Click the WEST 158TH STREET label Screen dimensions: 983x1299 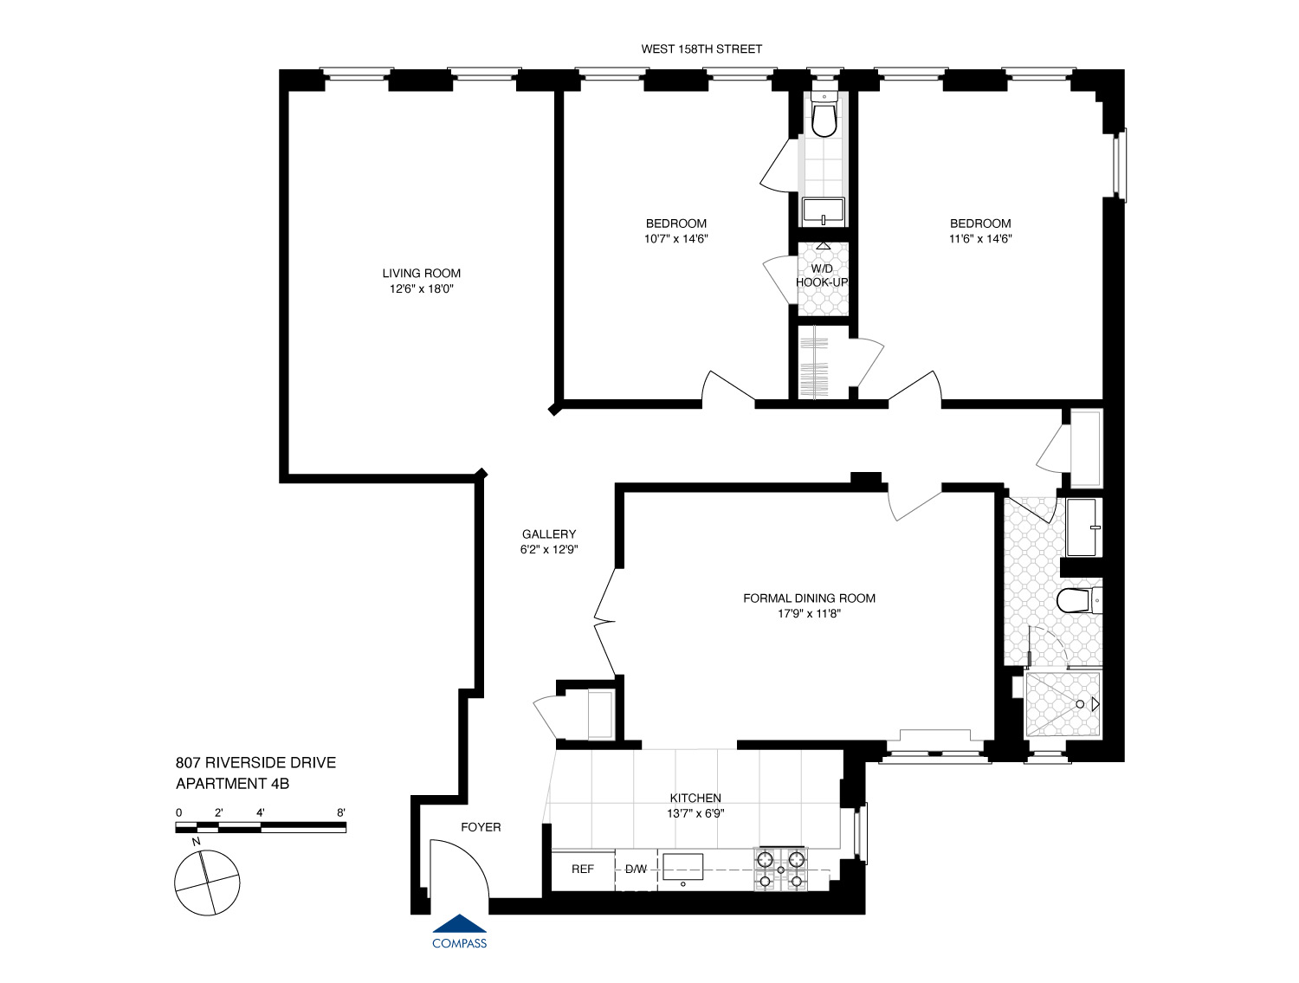[701, 49]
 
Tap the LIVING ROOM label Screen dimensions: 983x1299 [422, 274]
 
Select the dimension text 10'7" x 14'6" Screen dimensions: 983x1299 [675, 239]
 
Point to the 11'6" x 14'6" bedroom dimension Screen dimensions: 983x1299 [980, 239]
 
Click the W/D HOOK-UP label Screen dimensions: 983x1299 [822, 275]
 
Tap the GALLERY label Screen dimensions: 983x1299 [549, 534]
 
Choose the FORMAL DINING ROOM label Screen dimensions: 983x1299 [809, 598]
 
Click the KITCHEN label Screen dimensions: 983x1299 [695, 799]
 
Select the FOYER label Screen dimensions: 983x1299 [481, 827]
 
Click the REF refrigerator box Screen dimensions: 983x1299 [583, 869]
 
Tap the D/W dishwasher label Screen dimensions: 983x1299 [636, 869]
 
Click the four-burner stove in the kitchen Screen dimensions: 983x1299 [780, 870]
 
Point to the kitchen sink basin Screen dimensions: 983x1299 [682, 866]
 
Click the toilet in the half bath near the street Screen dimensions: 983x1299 [824, 120]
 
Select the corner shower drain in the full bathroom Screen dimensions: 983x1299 [1080, 704]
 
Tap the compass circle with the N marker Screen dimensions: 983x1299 [207, 883]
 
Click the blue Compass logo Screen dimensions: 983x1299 [459, 932]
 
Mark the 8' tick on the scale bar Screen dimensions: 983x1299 [342, 812]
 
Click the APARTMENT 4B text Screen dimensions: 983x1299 [232, 784]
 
